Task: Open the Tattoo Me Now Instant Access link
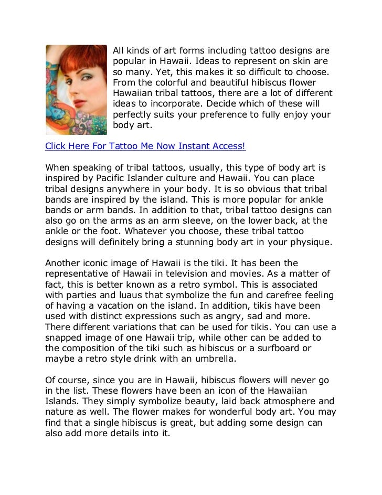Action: point(145,145)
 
